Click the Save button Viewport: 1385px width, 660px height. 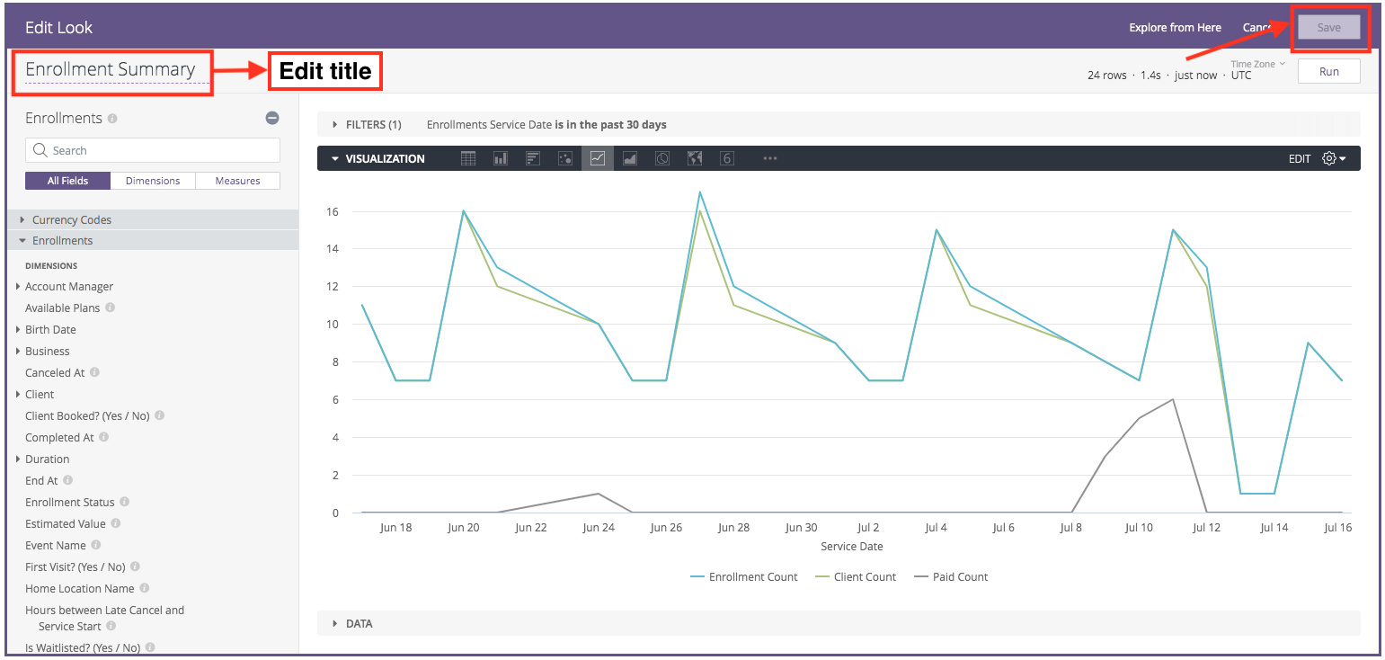[1328, 28]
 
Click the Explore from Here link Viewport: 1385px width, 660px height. [1175, 28]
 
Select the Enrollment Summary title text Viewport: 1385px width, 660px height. [110, 69]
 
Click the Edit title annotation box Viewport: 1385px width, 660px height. [325, 71]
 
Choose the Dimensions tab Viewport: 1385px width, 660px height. [153, 181]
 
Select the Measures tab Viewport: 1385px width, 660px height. [237, 181]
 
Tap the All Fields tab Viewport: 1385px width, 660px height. [68, 181]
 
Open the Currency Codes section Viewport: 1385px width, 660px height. [71, 219]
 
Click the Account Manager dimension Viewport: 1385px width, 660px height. [69, 286]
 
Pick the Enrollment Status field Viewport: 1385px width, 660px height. [70, 502]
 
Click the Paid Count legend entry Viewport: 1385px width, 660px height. [959, 577]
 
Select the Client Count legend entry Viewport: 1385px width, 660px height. [865, 577]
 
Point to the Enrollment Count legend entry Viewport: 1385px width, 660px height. [752, 577]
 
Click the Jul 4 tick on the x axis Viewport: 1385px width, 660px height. [936, 528]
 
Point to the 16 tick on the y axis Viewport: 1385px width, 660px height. [333, 212]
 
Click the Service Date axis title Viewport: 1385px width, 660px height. [851, 547]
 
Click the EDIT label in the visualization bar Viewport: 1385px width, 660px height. [1300, 159]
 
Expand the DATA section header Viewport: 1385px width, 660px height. [359, 623]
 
